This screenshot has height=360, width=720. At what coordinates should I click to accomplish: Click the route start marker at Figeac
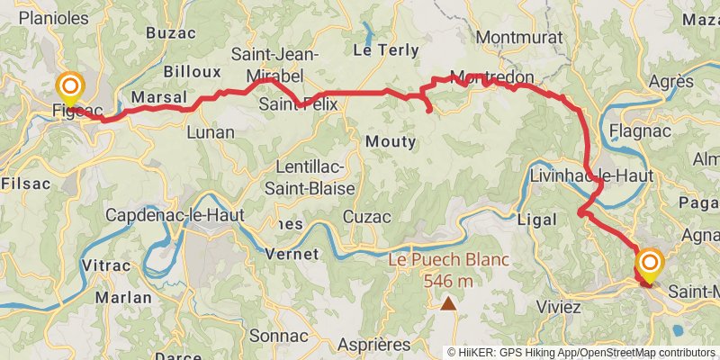pyautogui.click(x=70, y=88)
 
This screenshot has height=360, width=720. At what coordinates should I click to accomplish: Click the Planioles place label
pyautogui.click(x=53, y=18)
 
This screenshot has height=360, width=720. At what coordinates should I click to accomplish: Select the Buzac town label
pyautogui.click(x=171, y=33)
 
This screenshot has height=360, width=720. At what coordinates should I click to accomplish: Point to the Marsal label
pyautogui.click(x=158, y=96)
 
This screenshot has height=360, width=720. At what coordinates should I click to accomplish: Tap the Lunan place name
pyautogui.click(x=210, y=132)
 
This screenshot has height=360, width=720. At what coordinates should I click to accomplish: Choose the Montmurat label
pyautogui.click(x=520, y=38)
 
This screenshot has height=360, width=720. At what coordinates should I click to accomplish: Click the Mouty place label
pyautogui.click(x=391, y=141)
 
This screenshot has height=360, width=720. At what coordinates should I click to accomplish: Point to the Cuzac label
pyautogui.click(x=368, y=217)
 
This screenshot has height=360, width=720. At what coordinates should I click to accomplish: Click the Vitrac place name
pyautogui.click(x=106, y=265)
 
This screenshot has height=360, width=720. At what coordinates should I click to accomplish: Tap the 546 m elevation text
pyautogui.click(x=448, y=280)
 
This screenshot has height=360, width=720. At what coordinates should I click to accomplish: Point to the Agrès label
pyautogui.click(x=670, y=82)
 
